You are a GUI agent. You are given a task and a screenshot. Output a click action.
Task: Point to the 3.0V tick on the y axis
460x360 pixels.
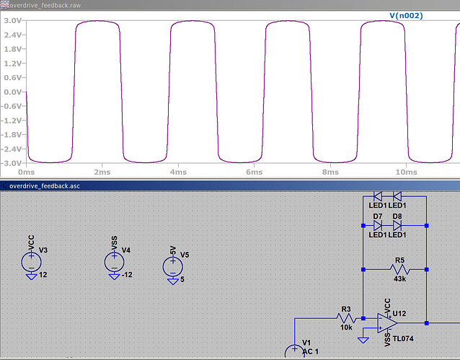tap(12, 21)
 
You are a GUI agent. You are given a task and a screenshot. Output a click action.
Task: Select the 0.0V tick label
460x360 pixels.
tap(12, 92)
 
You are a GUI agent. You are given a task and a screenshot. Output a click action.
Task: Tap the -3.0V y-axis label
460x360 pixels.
tap(12, 163)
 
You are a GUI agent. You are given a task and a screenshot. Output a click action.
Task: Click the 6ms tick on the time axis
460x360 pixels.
tap(253, 173)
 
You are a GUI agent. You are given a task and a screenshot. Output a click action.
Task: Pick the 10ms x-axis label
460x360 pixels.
tap(406, 173)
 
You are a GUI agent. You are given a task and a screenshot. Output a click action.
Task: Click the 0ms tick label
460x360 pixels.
tap(26, 173)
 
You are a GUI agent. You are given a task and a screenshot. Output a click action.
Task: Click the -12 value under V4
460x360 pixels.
tap(127, 275)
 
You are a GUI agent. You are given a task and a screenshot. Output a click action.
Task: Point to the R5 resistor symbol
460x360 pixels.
tap(395, 270)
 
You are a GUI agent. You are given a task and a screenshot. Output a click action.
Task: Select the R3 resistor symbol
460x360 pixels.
tap(345, 318)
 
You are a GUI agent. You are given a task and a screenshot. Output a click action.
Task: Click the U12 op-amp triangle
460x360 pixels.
tap(386, 323)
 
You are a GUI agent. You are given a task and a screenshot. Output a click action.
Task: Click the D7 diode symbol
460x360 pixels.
tap(379, 226)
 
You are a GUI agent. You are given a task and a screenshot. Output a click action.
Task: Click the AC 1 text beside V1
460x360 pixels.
tap(311, 351)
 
